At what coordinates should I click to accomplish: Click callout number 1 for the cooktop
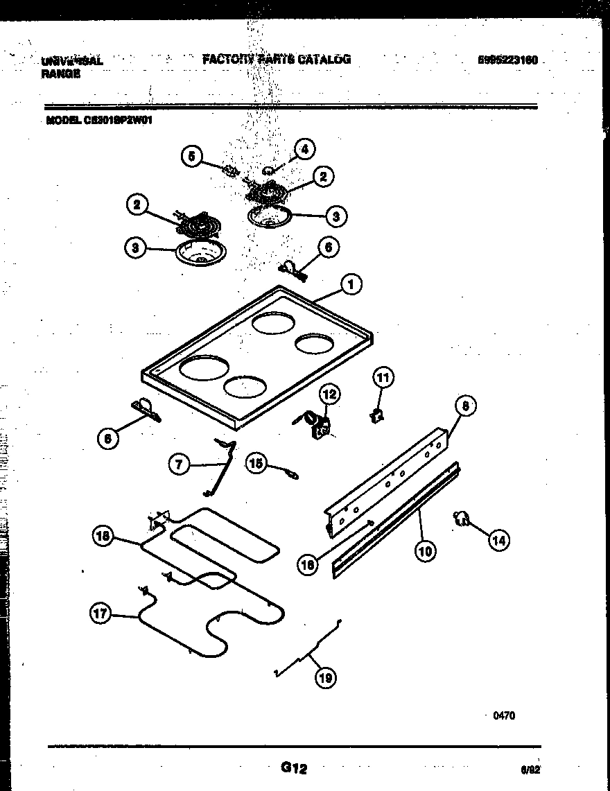click(351, 284)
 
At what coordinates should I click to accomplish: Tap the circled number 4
click(304, 148)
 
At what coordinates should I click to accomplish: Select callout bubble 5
click(192, 157)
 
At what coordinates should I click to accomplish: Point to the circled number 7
click(180, 464)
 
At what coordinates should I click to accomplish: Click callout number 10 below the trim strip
click(424, 551)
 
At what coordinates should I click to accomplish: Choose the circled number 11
click(383, 378)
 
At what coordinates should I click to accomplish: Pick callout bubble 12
click(329, 394)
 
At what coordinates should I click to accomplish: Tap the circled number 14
click(498, 540)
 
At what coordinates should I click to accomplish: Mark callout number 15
click(256, 464)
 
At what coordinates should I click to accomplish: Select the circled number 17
click(101, 613)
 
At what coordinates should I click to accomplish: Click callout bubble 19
click(324, 677)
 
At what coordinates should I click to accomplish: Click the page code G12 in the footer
click(293, 767)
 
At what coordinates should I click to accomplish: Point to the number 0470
click(503, 716)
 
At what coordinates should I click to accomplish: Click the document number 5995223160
click(507, 60)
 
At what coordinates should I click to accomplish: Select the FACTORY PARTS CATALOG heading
click(277, 60)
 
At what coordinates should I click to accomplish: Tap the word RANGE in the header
click(61, 73)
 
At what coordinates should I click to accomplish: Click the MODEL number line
click(99, 119)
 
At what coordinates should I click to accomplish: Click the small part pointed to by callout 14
click(461, 517)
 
